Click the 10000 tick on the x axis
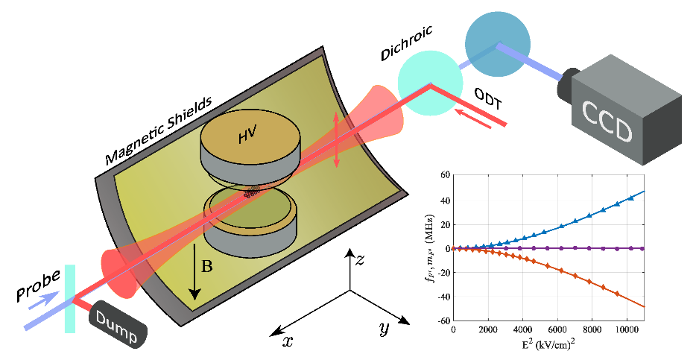pos(626,329)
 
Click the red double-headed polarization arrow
pos(336,139)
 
